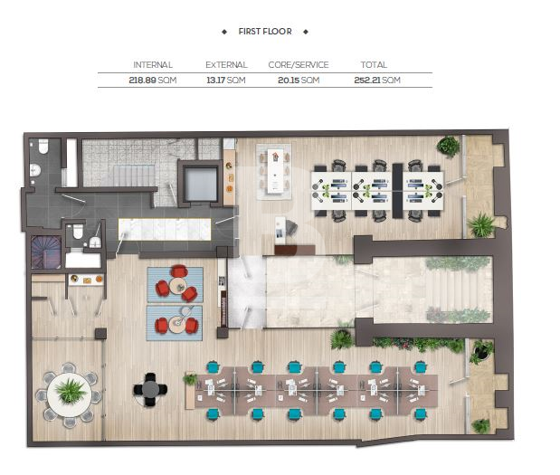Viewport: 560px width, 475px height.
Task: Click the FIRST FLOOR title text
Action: [265, 32]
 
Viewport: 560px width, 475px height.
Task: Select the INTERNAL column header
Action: [153, 65]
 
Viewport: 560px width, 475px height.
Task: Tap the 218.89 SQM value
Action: [153, 80]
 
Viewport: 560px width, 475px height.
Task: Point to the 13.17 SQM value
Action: [226, 80]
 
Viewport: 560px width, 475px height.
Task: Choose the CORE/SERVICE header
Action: [299, 65]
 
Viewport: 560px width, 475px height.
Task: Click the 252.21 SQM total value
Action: [377, 80]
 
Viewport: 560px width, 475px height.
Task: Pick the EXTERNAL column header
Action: [226, 65]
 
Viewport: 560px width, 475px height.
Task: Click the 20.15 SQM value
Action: [299, 80]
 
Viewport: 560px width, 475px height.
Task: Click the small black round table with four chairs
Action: [150, 390]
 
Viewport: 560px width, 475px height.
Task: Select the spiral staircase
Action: [46, 252]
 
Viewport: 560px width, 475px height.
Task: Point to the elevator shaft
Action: [200, 184]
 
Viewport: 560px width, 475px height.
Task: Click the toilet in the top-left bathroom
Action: [43, 147]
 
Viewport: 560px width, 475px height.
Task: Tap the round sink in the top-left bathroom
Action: [35, 170]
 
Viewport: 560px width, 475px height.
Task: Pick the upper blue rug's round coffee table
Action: [177, 286]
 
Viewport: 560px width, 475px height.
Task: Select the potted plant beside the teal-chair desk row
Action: [190, 379]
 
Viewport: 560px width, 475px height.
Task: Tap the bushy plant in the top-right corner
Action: [448, 146]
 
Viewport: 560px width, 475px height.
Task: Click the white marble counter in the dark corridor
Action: [165, 229]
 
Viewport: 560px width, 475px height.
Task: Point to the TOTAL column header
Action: [374, 65]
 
